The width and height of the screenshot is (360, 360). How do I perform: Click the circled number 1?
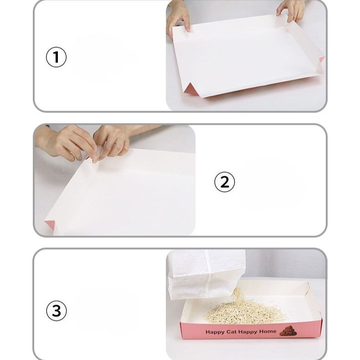[x=56, y=57]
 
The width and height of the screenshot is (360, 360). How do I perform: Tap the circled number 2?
[x=225, y=182]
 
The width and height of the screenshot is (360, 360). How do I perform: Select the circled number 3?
[x=57, y=311]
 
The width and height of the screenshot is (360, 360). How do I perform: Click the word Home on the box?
[x=267, y=332]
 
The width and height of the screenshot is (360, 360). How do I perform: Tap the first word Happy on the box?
[x=215, y=332]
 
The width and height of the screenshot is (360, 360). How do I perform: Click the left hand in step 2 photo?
[x=67, y=142]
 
